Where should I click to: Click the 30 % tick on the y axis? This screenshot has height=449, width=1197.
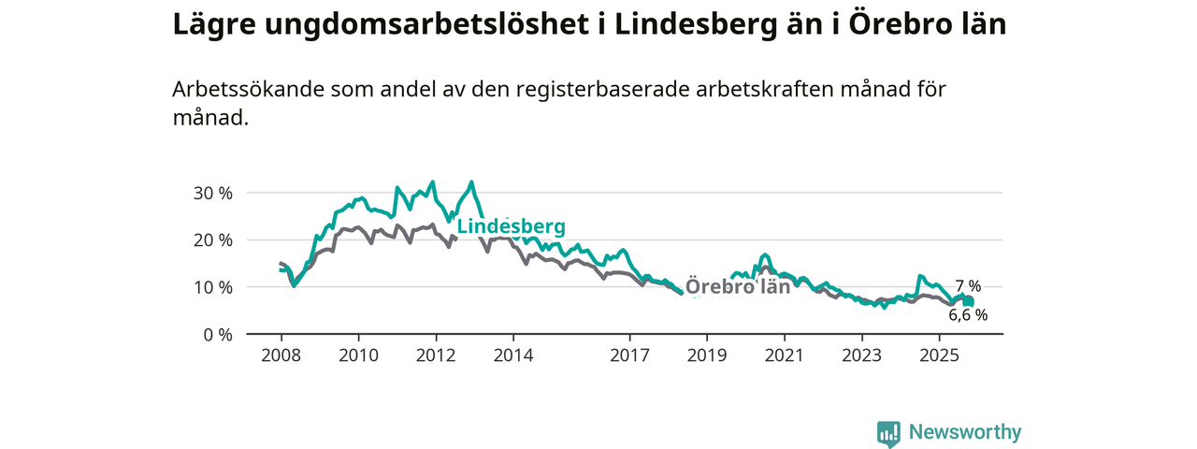[x=212, y=193]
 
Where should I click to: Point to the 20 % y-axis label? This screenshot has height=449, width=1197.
[x=212, y=239]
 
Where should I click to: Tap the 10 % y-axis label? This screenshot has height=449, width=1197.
[x=212, y=286]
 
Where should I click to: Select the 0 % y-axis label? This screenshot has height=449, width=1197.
[x=217, y=334]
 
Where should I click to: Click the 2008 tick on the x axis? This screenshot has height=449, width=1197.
[x=281, y=355]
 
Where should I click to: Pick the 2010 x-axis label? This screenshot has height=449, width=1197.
[x=358, y=355]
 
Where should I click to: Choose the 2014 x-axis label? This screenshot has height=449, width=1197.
[x=513, y=355]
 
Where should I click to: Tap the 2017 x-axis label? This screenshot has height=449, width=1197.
[x=629, y=355]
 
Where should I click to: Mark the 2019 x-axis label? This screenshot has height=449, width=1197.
[x=707, y=355]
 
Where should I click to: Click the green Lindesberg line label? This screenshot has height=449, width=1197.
[x=511, y=226]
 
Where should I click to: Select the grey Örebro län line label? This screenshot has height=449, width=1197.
[x=738, y=286]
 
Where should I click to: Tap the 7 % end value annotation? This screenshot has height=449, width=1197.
[x=968, y=285]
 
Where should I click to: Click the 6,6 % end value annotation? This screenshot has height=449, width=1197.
[x=968, y=315]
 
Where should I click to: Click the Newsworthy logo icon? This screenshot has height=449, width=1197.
[x=888, y=433]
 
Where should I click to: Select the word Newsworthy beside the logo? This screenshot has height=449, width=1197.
[x=965, y=432]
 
